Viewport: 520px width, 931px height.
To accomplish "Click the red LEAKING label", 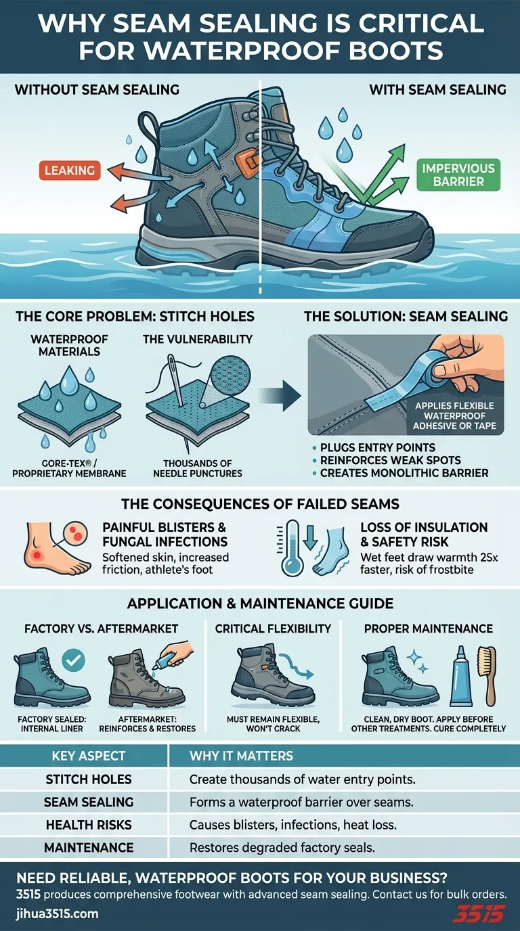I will tap(68, 171).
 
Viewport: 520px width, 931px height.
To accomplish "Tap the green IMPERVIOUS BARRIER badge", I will tap(459, 175).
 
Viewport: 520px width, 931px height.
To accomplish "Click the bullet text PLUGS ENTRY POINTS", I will tap(377, 448).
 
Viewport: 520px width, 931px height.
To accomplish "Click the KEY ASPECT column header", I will tap(89, 756).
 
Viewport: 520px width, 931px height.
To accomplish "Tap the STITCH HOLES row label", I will tap(89, 779).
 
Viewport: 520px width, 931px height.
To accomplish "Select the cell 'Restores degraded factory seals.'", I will tap(282, 848).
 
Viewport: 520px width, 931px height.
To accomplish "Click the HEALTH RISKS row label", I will tap(89, 825).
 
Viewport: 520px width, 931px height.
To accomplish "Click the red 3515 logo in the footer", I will tap(478, 913).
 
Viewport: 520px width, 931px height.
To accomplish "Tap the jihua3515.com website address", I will tap(57, 914).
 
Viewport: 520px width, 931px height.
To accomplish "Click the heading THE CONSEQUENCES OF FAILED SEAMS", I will tap(259, 503).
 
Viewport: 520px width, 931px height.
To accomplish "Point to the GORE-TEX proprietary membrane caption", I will tap(70, 468).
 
